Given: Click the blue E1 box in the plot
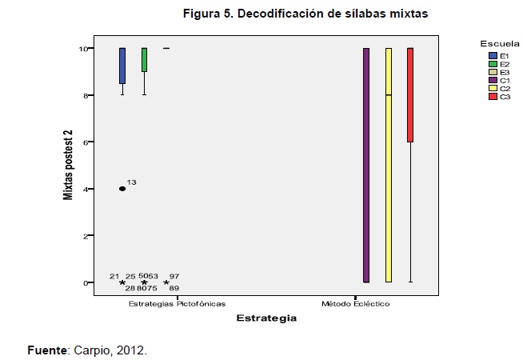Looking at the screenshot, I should [x=122, y=66].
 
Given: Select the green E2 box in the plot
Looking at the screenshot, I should [x=144, y=60].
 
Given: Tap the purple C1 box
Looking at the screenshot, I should [x=366, y=165].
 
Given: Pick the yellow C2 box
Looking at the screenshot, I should [x=389, y=165].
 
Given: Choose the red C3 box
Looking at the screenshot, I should [x=410, y=94].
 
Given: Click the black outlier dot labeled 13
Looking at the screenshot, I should [x=122, y=189].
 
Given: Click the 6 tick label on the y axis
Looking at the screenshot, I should [x=83, y=142].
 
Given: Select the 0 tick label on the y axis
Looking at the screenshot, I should [x=83, y=283].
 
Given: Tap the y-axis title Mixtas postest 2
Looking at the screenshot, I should [x=69, y=165].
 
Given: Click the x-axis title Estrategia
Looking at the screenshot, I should [x=266, y=318].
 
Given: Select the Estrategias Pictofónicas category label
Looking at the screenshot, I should [x=177, y=304].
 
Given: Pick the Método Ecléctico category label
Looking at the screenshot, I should [x=356, y=304].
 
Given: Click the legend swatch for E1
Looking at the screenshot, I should [x=493, y=54].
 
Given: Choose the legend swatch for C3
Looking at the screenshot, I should [x=493, y=97].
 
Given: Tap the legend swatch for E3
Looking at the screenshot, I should [x=493, y=71].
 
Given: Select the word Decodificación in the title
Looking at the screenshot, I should [x=271, y=14].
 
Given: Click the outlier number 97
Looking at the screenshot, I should [x=174, y=276].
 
